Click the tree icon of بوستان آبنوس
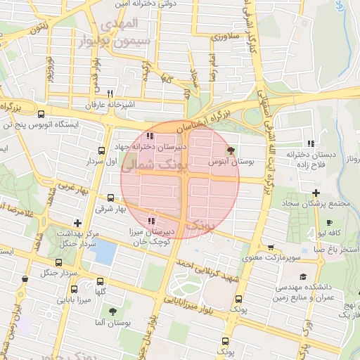pyautogui.click(x=231, y=150)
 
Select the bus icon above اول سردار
pyautogui.click(x=102, y=150)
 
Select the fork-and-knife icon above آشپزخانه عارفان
pyautogui.click(x=109, y=94)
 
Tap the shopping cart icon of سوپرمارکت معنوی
pyautogui.click(x=271, y=247)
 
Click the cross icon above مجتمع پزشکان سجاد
pyautogui.click(x=316, y=193)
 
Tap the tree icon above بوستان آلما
pyautogui.click(x=112, y=309)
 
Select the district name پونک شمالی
pyautogui.click(x=150, y=166)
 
